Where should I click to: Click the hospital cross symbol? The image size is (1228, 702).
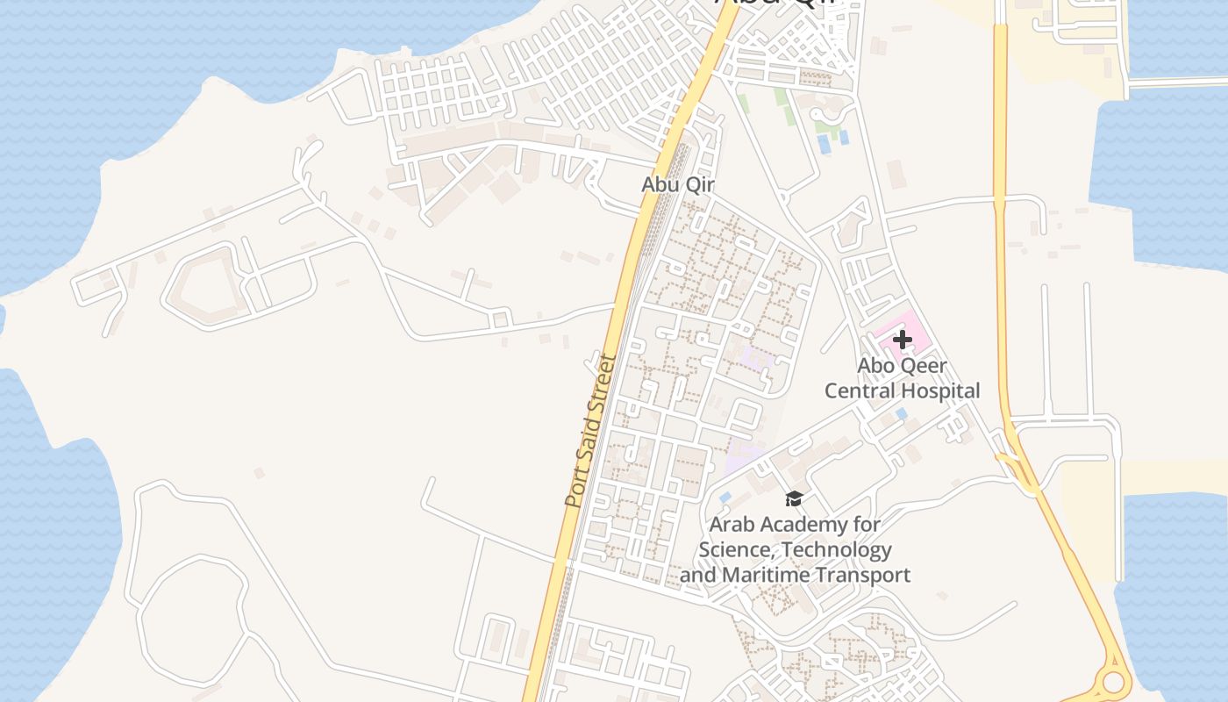pos(902,340)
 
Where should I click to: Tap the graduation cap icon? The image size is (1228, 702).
pos(794,498)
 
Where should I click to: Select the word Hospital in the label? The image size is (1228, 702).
pos(944,390)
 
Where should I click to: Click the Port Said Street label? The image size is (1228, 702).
pos(591,430)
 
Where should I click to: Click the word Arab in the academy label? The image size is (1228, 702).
pos(729,525)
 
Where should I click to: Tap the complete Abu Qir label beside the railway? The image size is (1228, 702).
pos(677,184)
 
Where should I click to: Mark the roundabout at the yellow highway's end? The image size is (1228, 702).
pos(1113,682)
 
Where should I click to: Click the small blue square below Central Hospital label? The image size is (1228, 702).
pos(901,413)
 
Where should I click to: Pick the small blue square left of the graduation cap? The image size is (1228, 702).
pos(725,498)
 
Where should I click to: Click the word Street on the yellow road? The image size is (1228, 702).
pos(603,383)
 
